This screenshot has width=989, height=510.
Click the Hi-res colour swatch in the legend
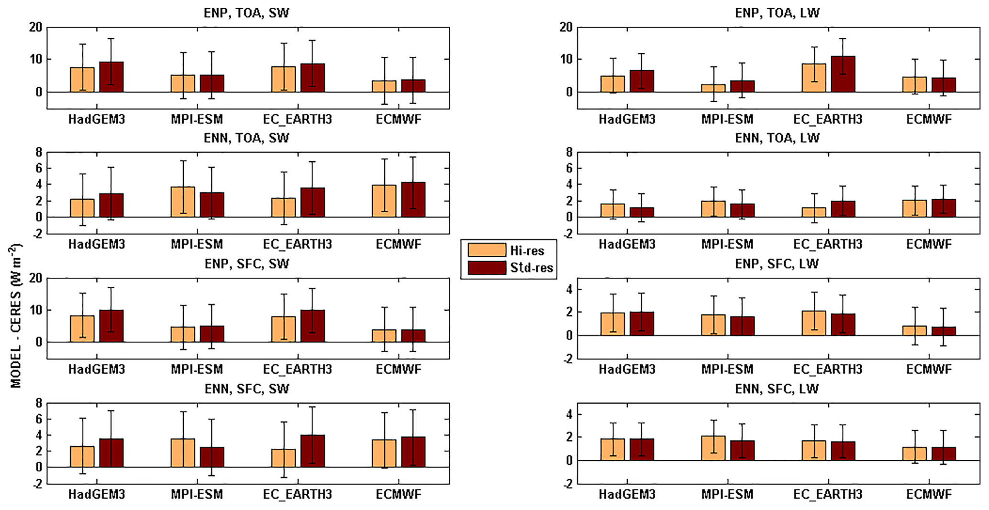pos(487,250)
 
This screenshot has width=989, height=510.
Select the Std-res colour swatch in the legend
pos(487,268)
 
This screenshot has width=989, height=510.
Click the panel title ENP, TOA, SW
pos(246,13)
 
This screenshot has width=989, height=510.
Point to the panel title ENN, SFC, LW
pos(777,389)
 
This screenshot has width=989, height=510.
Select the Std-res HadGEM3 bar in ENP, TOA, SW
pos(111,77)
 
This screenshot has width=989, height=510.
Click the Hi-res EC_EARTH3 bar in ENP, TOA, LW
pos(814,78)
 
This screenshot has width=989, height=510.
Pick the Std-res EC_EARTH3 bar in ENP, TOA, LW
pos(843,74)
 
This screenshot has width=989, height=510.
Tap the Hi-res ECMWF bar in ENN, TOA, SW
pos(384,201)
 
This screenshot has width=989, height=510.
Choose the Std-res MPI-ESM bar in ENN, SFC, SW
pos(212,457)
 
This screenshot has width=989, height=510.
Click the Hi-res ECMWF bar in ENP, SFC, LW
pos(914,331)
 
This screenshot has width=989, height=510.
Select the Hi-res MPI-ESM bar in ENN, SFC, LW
pos(713,448)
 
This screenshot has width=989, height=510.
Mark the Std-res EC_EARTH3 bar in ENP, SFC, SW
pos(313,326)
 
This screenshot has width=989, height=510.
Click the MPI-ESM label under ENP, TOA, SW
pos(197,119)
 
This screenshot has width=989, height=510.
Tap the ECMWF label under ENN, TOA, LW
pos(929,244)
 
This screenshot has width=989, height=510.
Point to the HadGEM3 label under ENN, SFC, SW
pos(97,494)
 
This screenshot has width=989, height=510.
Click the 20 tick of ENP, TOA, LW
pos(566,27)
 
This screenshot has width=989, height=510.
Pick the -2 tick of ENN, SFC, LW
pos(567,484)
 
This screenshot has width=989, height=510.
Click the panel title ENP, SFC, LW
pos(777,263)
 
